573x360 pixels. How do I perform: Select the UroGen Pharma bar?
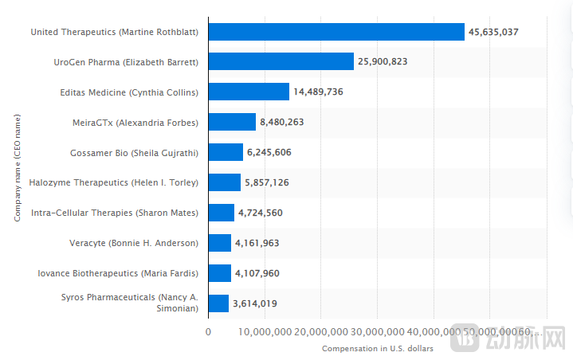(x=281, y=62)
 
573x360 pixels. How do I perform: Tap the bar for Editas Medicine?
(x=249, y=92)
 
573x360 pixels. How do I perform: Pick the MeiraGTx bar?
(x=232, y=122)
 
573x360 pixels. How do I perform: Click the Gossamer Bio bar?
(x=226, y=152)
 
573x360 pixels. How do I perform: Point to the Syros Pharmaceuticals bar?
(x=218, y=303)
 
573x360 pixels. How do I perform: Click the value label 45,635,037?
(x=494, y=32)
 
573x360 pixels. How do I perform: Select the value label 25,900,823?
(x=383, y=62)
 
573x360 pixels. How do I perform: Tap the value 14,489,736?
(x=318, y=92)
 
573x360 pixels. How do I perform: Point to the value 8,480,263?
(x=281, y=122)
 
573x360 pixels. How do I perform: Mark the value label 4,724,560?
(x=260, y=213)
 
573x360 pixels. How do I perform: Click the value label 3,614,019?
(x=254, y=303)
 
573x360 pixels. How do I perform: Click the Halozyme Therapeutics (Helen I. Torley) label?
(x=113, y=182)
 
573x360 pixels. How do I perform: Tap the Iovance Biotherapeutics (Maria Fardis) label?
(x=118, y=273)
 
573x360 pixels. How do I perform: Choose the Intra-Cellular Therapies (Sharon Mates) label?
(x=114, y=213)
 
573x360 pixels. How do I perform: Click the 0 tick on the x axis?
(x=209, y=331)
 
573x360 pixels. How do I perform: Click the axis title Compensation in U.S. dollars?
(x=377, y=349)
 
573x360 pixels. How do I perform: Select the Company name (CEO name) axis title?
(x=17, y=167)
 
